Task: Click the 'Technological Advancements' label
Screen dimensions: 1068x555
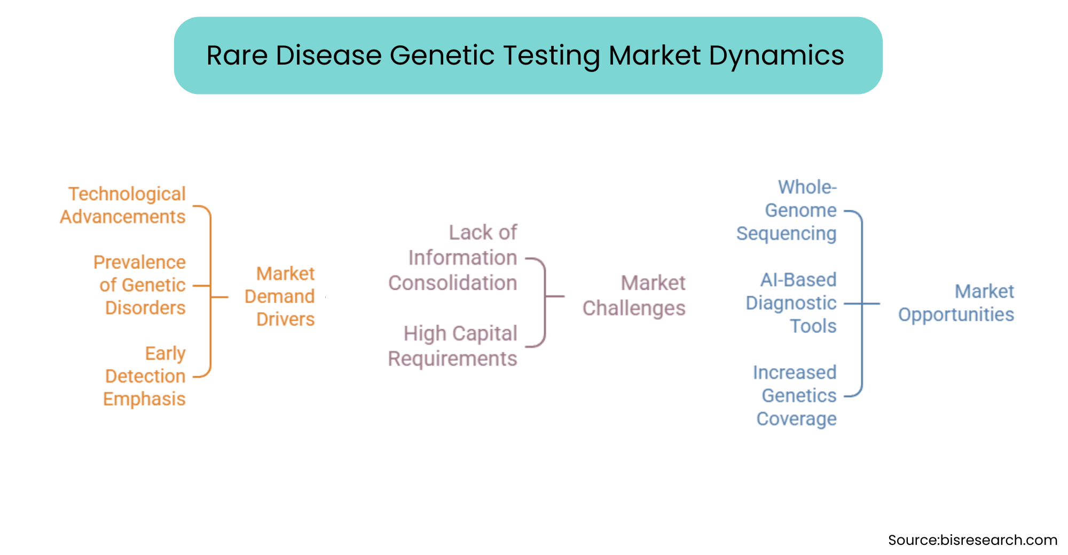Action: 123,205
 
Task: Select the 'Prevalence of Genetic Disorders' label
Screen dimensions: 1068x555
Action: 140,285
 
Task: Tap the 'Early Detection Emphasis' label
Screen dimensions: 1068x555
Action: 144,376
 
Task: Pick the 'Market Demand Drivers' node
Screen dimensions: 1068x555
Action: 280,296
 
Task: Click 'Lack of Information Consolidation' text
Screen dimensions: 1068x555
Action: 453,258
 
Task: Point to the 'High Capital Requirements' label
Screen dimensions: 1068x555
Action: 453,346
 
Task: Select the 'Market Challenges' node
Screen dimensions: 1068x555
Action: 634,296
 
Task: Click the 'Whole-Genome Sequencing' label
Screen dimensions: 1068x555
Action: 787,210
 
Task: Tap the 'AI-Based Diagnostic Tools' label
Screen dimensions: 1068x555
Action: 791,303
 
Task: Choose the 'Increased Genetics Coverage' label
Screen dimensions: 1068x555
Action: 795,395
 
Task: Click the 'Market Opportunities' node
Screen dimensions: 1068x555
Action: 956,303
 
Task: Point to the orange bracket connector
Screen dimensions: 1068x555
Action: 210,291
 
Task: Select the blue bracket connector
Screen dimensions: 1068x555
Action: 862,304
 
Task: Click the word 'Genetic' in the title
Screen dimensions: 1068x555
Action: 442,55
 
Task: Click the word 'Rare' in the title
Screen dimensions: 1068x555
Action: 237,55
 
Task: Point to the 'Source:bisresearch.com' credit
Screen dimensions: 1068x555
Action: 972,540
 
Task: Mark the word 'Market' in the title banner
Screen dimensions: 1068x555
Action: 655,55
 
